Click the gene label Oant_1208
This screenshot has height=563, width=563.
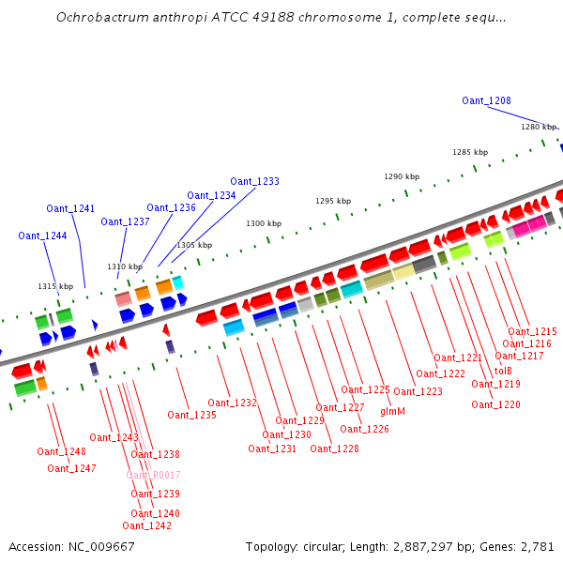click(486, 100)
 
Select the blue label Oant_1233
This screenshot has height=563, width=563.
click(254, 181)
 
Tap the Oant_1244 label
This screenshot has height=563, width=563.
click(42, 236)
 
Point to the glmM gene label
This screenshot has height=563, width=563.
click(392, 411)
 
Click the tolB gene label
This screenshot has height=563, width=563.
click(503, 370)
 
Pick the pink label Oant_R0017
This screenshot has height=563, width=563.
click(153, 475)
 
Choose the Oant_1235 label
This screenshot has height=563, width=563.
click(191, 415)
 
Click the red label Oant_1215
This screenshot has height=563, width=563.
click(532, 331)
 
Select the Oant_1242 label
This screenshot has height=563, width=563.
click(146, 525)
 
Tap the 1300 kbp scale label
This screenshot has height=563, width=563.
click(264, 223)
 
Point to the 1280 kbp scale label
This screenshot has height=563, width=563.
click(539, 127)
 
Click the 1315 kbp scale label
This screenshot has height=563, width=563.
click(54, 286)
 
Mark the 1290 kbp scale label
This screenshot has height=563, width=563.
click(402, 176)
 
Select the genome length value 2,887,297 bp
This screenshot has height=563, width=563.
click(440, 546)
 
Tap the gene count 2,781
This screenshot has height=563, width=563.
click(537, 546)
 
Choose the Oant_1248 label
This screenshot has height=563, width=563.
click(61, 451)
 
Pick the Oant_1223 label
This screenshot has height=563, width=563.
click(418, 391)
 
